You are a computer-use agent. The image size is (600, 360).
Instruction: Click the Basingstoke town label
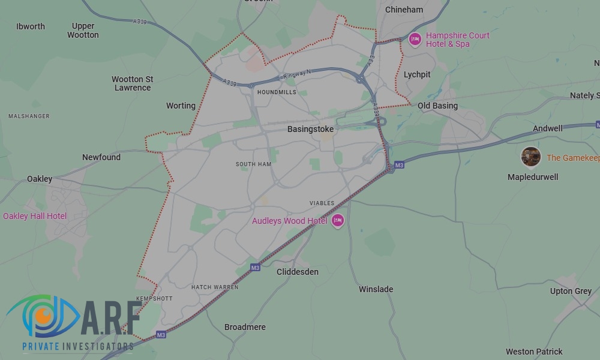pyautogui.click(x=310, y=129)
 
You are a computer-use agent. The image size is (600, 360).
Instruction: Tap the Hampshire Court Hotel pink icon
pyautogui.click(x=414, y=40)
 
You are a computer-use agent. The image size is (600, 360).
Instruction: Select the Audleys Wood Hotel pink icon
pyautogui.click(x=338, y=221)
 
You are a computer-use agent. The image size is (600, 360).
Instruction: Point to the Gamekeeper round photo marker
pyautogui.click(x=530, y=157)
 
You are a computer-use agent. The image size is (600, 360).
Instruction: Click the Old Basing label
pyautogui.click(x=437, y=106)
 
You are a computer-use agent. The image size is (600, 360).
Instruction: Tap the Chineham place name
pyautogui.click(x=404, y=10)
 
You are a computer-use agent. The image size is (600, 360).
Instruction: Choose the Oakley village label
pyautogui.click(x=40, y=179)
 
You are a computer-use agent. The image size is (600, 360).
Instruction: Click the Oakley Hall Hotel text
pyautogui.click(x=35, y=216)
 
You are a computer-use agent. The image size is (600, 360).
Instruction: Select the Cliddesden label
pyautogui.click(x=298, y=272)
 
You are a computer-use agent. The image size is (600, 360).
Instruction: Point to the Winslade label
pyautogui.click(x=376, y=289)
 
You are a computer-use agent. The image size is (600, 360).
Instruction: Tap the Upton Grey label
pyautogui.click(x=571, y=291)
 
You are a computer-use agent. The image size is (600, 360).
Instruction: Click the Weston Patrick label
pyautogui.click(x=534, y=352)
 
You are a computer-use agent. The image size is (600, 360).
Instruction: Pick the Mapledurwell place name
pyautogui.click(x=533, y=177)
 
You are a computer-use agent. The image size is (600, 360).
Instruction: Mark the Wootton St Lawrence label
pyautogui.click(x=133, y=83)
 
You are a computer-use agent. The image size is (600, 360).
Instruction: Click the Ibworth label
pyautogui.click(x=31, y=26)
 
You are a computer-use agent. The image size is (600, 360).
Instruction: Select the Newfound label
pyautogui.click(x=101, y=157)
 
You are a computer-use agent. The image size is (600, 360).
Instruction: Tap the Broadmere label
pyautogui.click(x=245, y=327)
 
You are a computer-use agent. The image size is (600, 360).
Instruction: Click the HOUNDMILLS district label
pyautogui.click(x=277, y=92)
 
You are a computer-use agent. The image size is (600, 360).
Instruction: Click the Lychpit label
pyautogui.click(x=417, y=74)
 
